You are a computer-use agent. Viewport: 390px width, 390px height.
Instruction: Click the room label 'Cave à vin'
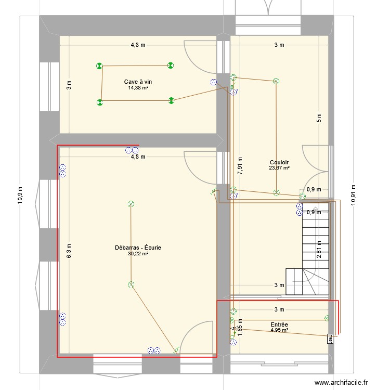pos(138,82)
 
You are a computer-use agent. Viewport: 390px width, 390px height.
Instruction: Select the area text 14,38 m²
pos(138,88)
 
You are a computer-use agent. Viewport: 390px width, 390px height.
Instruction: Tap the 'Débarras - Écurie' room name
pos(138,248)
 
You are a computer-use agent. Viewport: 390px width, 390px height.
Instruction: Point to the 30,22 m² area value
pos(138,254)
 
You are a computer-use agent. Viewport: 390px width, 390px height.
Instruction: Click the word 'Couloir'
pos(279,162)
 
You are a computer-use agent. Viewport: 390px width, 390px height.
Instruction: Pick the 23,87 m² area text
pos(279,167)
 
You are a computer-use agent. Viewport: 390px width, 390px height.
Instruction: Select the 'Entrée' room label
pos(279,324)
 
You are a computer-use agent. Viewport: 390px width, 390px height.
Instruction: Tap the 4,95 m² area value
pos(279,330)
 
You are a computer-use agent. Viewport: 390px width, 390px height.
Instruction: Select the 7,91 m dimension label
pos(240,165)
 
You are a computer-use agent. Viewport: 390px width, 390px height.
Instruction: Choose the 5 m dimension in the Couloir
pos(319,118)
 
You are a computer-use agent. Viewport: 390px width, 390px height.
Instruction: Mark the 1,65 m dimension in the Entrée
pos(240,325)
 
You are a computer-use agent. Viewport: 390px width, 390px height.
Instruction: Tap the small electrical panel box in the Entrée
pos(330,339)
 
